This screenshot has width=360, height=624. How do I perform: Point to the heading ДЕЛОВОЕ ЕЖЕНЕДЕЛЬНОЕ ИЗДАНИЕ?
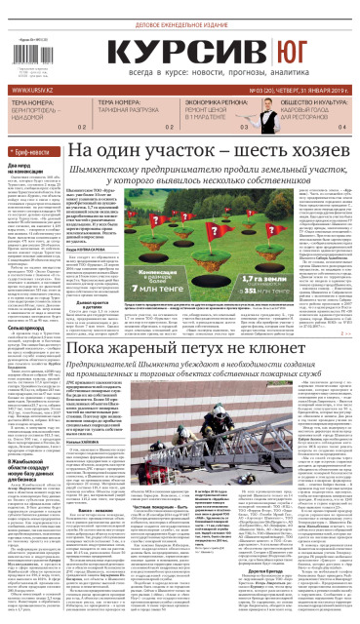[196, 15]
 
